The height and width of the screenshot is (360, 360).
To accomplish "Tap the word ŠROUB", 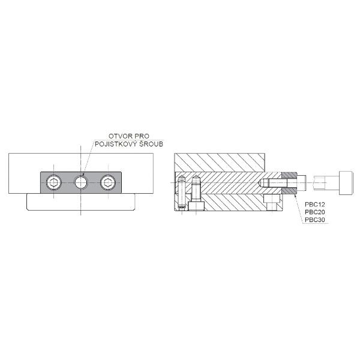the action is coord(151,144).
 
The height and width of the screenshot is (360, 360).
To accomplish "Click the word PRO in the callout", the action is coord(142,136).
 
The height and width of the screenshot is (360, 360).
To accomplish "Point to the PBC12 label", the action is coord(315,205).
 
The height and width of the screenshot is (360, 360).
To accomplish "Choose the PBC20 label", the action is coord(315,212).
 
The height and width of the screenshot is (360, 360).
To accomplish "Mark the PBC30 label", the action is coord(315,220).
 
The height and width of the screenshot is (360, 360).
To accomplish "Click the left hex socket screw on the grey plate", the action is coord(54,182).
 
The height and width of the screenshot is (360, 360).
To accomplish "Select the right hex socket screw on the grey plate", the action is coord(108,182).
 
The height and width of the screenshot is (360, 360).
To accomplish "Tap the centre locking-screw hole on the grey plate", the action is coord(81,182).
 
